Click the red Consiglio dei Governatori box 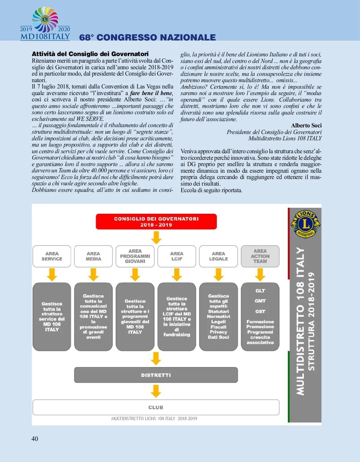(x=156, y=222)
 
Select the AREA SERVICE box (x=52, y=256)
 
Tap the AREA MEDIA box (x=93, y=256)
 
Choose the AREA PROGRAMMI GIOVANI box (x=135, y=256)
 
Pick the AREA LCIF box (x=177, y=256)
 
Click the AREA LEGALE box (x=218, y=256)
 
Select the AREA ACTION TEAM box (x=260, y=256)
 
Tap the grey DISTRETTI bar (x=156, y=375)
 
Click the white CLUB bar (x=156, y=407)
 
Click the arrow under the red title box (x=156, y=237)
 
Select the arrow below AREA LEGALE (x=218, y=274)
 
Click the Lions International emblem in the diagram (x=305, y=224)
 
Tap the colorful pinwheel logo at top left (x=45, y=19)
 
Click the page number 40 (x=35, y=439)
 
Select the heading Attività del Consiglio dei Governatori (x=90, y=54)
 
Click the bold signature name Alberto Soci (x=306, y=125)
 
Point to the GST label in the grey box (x=260, y=311)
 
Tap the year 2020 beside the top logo (x=64, y=29)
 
